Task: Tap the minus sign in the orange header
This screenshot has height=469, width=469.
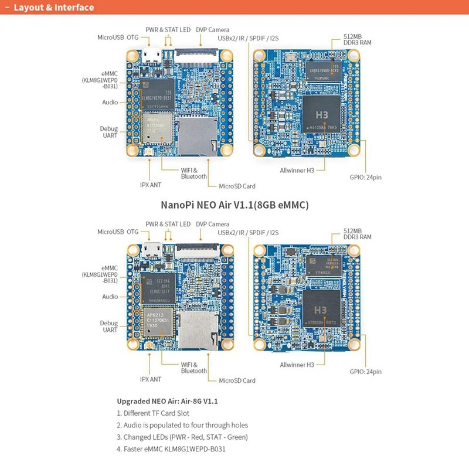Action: (x=6, y=8)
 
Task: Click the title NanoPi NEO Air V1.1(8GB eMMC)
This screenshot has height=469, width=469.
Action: (x=235, y=205)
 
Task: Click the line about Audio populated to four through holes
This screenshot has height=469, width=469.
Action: (x=182, y=425)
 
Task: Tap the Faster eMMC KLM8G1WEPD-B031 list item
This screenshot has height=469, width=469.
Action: (x=171, y=449)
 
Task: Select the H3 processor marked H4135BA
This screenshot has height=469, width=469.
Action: (x=321, y=115)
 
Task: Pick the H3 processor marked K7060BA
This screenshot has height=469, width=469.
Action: (x=321, y=310)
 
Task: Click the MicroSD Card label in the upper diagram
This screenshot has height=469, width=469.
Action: (x=237, y=186)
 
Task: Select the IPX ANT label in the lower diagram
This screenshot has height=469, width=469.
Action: (x=151, y=379)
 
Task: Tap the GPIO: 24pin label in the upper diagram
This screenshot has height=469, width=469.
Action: (x=365, y=176)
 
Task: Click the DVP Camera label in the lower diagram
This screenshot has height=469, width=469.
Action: (x=212, y=224)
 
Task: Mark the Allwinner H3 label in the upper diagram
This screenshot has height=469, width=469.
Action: (x=297, y=170)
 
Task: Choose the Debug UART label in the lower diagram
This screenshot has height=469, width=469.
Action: (x=109, y=327)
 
